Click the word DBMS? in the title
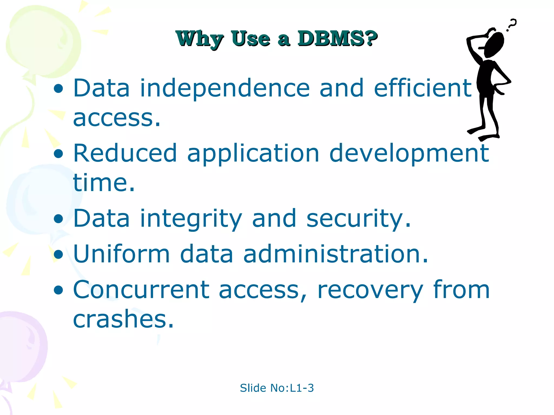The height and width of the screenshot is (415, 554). tap(337, 39)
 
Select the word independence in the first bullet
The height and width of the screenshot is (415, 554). tap(225, 88)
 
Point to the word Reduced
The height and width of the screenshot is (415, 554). tap(125, 153)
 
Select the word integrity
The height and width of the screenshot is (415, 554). tap(191, 219)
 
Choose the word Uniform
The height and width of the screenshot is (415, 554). tap(121, 254)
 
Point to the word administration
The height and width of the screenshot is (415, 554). tap(336, 254)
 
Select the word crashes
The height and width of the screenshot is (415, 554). tap(123, 319)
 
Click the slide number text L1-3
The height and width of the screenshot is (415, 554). tap(302, 388)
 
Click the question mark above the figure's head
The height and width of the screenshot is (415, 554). tap(511, 25)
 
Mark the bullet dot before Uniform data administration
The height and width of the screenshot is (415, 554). tap(58, 254)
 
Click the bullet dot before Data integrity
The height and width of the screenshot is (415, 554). tap(58, 219)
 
